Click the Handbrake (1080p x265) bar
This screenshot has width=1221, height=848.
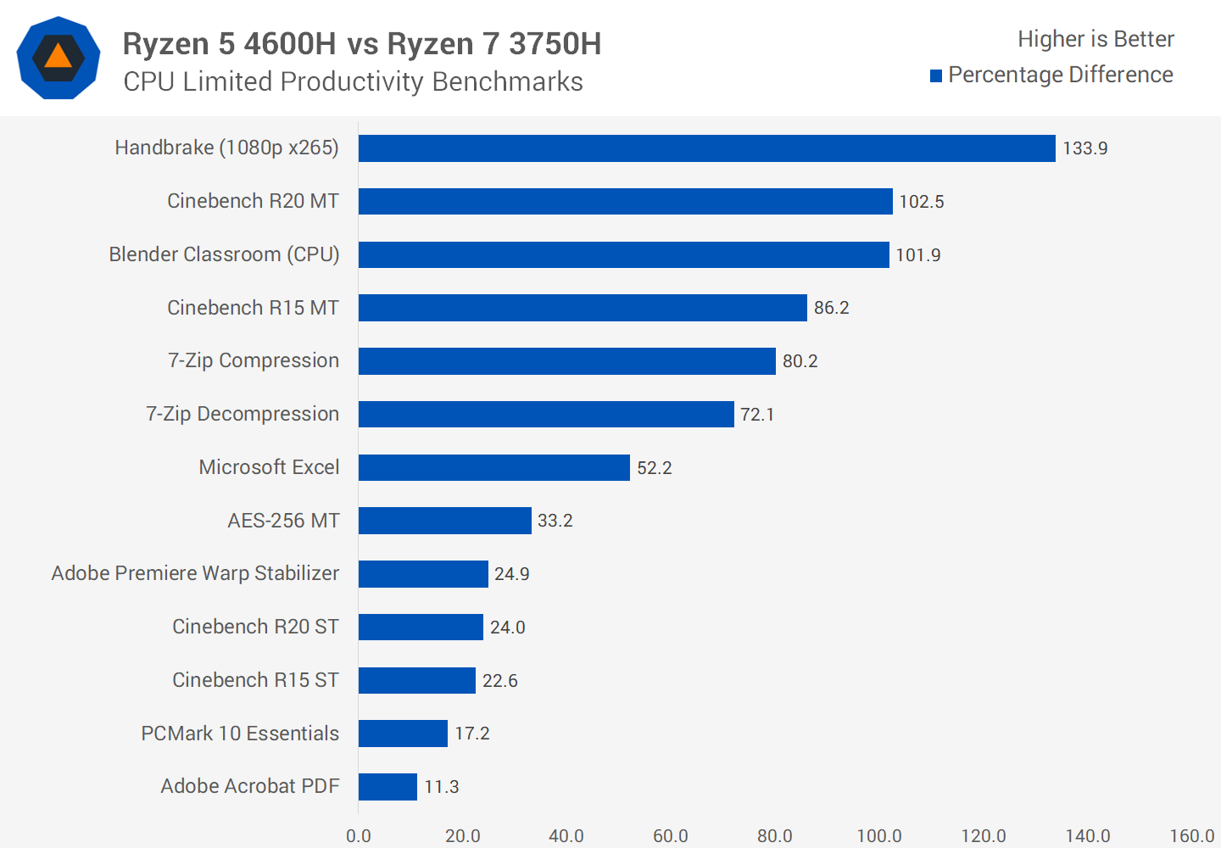[706, 148]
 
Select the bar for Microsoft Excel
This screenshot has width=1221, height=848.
[493, 467]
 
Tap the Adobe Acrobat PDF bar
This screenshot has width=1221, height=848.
[387, 787]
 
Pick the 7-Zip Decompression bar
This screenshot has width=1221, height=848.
[546, 414]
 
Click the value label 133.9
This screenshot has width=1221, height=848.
[1084, 148]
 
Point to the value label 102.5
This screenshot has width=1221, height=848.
[921, 202]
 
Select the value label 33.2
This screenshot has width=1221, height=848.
[555, 521]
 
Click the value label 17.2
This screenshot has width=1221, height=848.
[471, 734]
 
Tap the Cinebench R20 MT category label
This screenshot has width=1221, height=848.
[253, 201]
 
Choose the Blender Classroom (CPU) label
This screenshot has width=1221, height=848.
[224, 254]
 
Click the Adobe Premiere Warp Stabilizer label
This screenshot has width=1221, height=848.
[195, 573]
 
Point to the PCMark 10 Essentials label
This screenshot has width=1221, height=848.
[240, 734]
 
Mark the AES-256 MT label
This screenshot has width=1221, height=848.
[283, 521]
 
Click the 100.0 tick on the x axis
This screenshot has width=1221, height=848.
[878, 836]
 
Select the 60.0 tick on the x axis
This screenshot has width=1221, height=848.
[670, 836]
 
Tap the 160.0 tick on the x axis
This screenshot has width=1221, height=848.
[1191, 836]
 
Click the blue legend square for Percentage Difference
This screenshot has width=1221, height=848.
[936, 76]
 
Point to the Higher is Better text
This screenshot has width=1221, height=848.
[1096, 39]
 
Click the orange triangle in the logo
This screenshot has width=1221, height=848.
[58, 57]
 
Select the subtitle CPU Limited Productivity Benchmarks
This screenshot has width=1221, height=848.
[353, 81]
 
